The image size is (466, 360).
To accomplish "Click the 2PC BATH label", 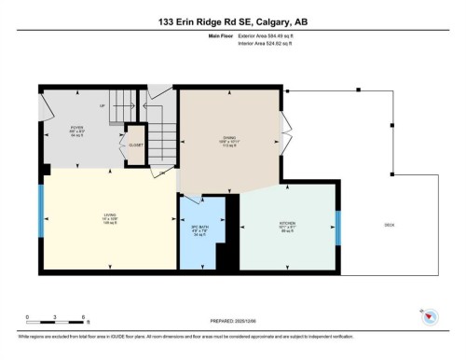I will click(197, 231).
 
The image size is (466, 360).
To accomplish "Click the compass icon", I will click(431, 319).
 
